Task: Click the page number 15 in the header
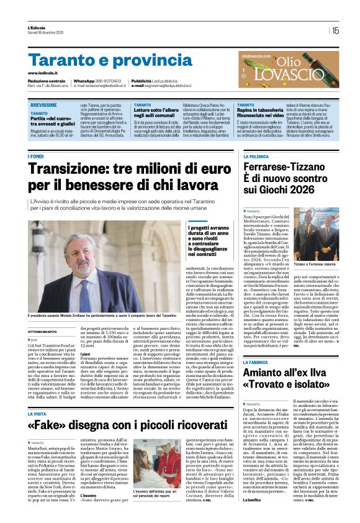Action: pos(335,30)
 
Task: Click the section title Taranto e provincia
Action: pos(101,60)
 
